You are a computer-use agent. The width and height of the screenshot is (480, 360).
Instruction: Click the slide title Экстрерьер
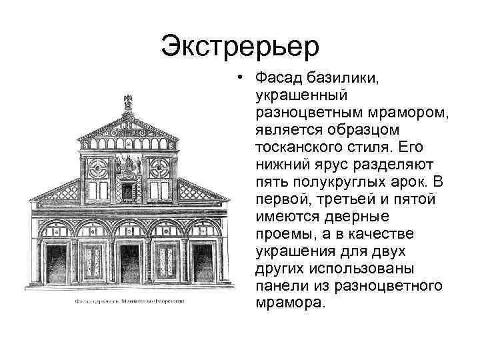click(240, 47)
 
